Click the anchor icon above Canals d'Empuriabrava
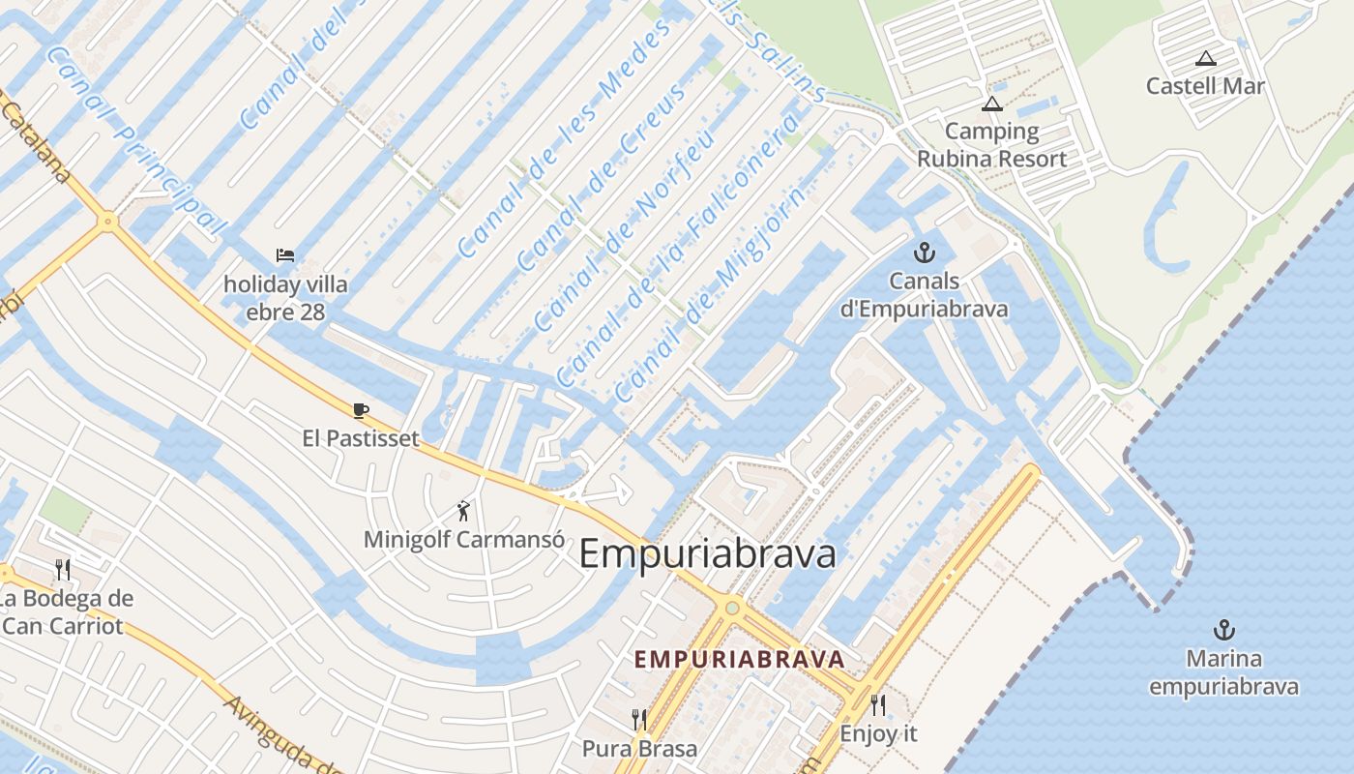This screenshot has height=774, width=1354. click(x=926, y=253)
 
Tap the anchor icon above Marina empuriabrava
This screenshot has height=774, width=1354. click(x=1224, y=631)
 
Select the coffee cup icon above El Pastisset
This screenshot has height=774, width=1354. click(x=361, y=411)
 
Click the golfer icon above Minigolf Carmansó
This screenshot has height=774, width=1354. click(x=464, y=510)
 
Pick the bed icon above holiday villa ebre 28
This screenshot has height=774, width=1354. click(x=285, y=256)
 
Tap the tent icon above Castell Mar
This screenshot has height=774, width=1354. click(x=1205, y=59)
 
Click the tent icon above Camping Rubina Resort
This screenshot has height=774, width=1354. click(x=991, y=104)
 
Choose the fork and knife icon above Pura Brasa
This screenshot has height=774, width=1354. click(x=638, y=720)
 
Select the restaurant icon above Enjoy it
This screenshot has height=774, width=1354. click(x=878, y=705)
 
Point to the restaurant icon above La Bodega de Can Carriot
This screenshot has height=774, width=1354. click(x=64, y=569)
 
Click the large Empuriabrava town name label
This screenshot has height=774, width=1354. click(x=707, y=555)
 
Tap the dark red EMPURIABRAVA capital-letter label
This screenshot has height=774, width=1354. click(x=739, y=660)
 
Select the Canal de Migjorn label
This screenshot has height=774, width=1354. click(x=708, y=296)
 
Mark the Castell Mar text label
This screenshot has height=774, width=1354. click(x=1205, y=86)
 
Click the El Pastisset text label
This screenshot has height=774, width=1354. click(x=361, y=439)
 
